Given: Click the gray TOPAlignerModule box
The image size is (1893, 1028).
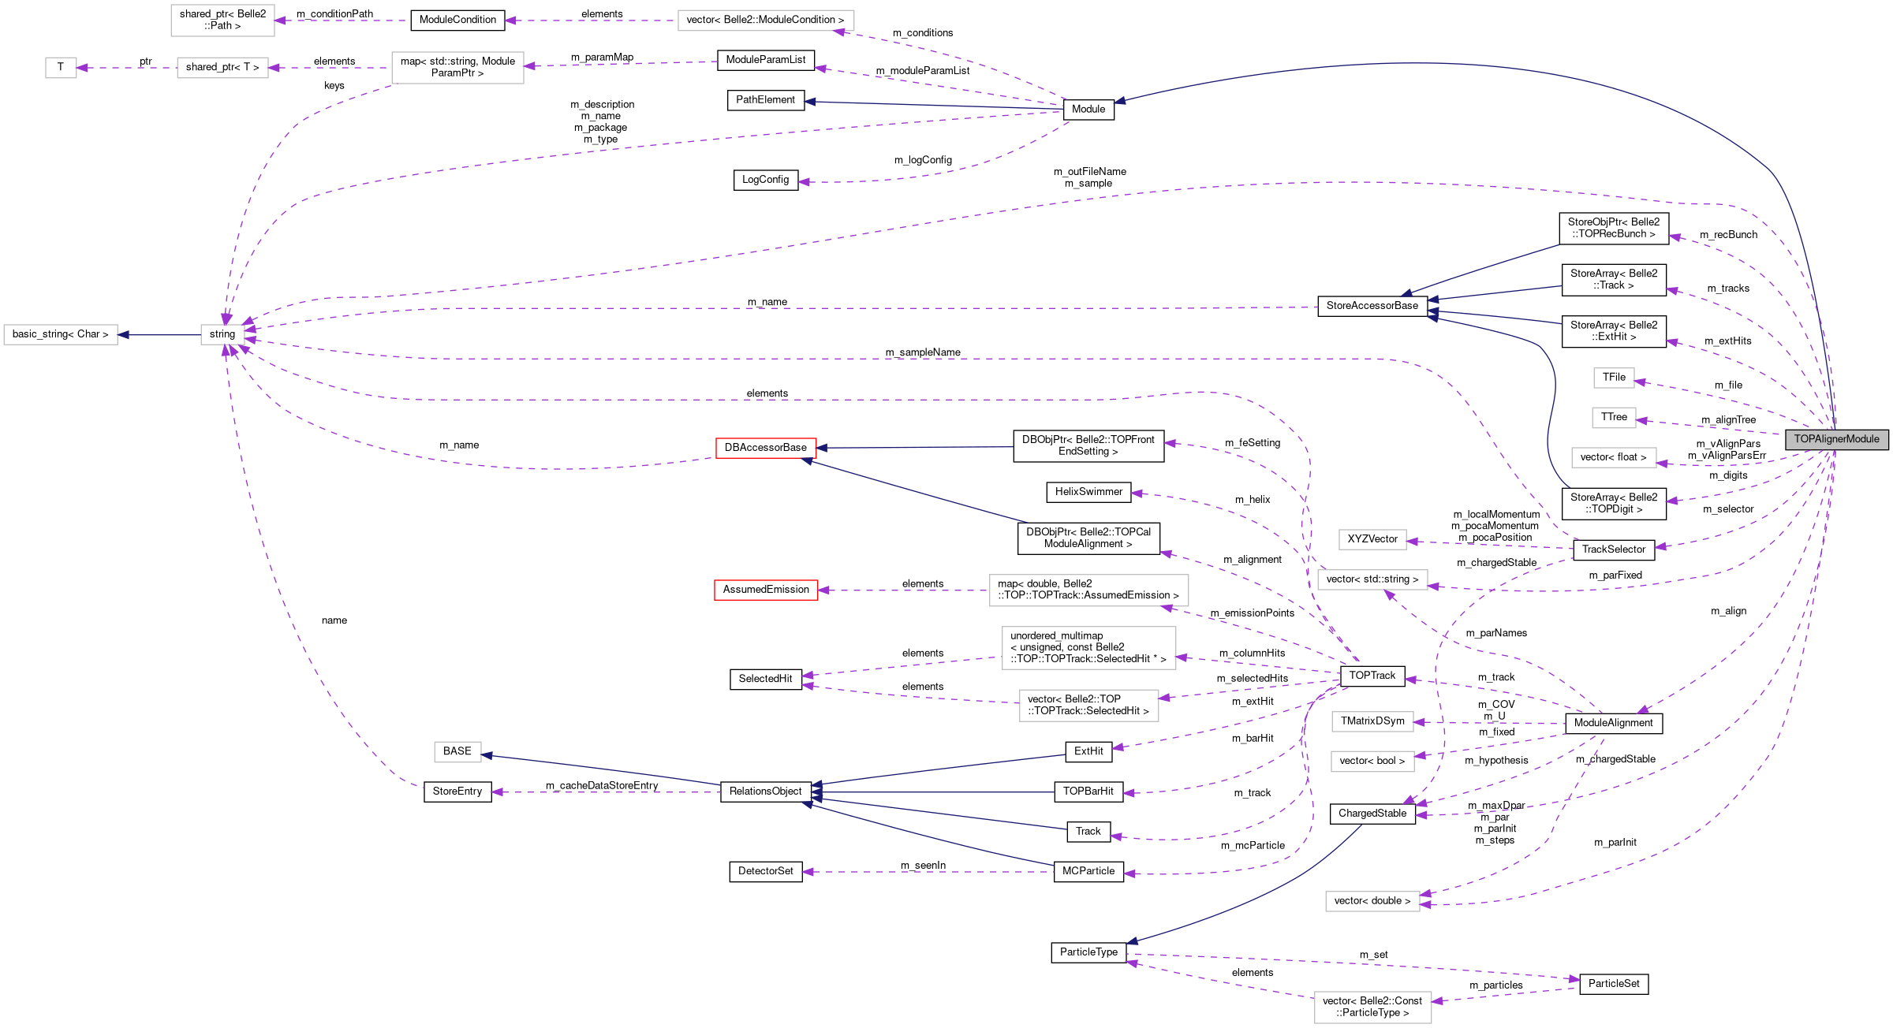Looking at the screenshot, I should pyautogui.click(x=1836, y=439).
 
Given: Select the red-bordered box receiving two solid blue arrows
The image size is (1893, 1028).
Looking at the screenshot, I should pyautogui.click(x=765, y=448).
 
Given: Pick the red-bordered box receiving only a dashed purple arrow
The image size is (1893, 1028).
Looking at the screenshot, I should pyautogui.click(x=765, y=590).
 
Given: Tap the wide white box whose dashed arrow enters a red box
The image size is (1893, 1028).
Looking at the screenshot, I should pyautogui.click(x=1088, y=590).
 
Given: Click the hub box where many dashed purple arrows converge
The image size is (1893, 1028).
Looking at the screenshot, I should pyautogui.click(x=222, y=334).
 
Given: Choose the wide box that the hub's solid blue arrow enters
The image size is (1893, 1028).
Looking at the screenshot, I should pyautogui.click(x=61, y=334).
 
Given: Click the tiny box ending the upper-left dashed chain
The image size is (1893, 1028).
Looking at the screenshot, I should pyautogui.click(x=61, y=68).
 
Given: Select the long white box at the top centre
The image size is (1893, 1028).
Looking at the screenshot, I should pyautogui.click(x=765, y=20).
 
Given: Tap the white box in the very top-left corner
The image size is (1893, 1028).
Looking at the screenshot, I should pyautogui.click(x=222, y=20).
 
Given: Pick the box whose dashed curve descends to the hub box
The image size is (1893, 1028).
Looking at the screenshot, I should pyautogui.click(x=457, y=68).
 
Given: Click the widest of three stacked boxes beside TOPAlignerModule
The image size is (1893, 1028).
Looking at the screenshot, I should pyautogui.click(x=1613, y=457).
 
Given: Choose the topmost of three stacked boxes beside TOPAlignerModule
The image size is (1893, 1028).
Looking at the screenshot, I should pyautogui.click(x=1613, y=378).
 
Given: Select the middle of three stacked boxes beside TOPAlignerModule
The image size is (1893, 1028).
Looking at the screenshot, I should pyautogui.click(x=1613, y=418).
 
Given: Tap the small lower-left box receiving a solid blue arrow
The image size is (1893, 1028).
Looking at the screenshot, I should pyautogui.click(x=457, y=752).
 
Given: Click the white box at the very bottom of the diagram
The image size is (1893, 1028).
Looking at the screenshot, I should pyautogui.click(x=1372, y=1008).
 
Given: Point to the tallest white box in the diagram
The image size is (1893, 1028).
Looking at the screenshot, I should pyautogui.click(x=1088, y=648).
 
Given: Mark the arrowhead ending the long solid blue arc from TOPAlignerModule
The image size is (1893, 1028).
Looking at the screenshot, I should pyautogui.click(x=1118, y=101).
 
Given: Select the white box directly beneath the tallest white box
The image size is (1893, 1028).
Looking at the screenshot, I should pyautogui.click(x=1088, y=706).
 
